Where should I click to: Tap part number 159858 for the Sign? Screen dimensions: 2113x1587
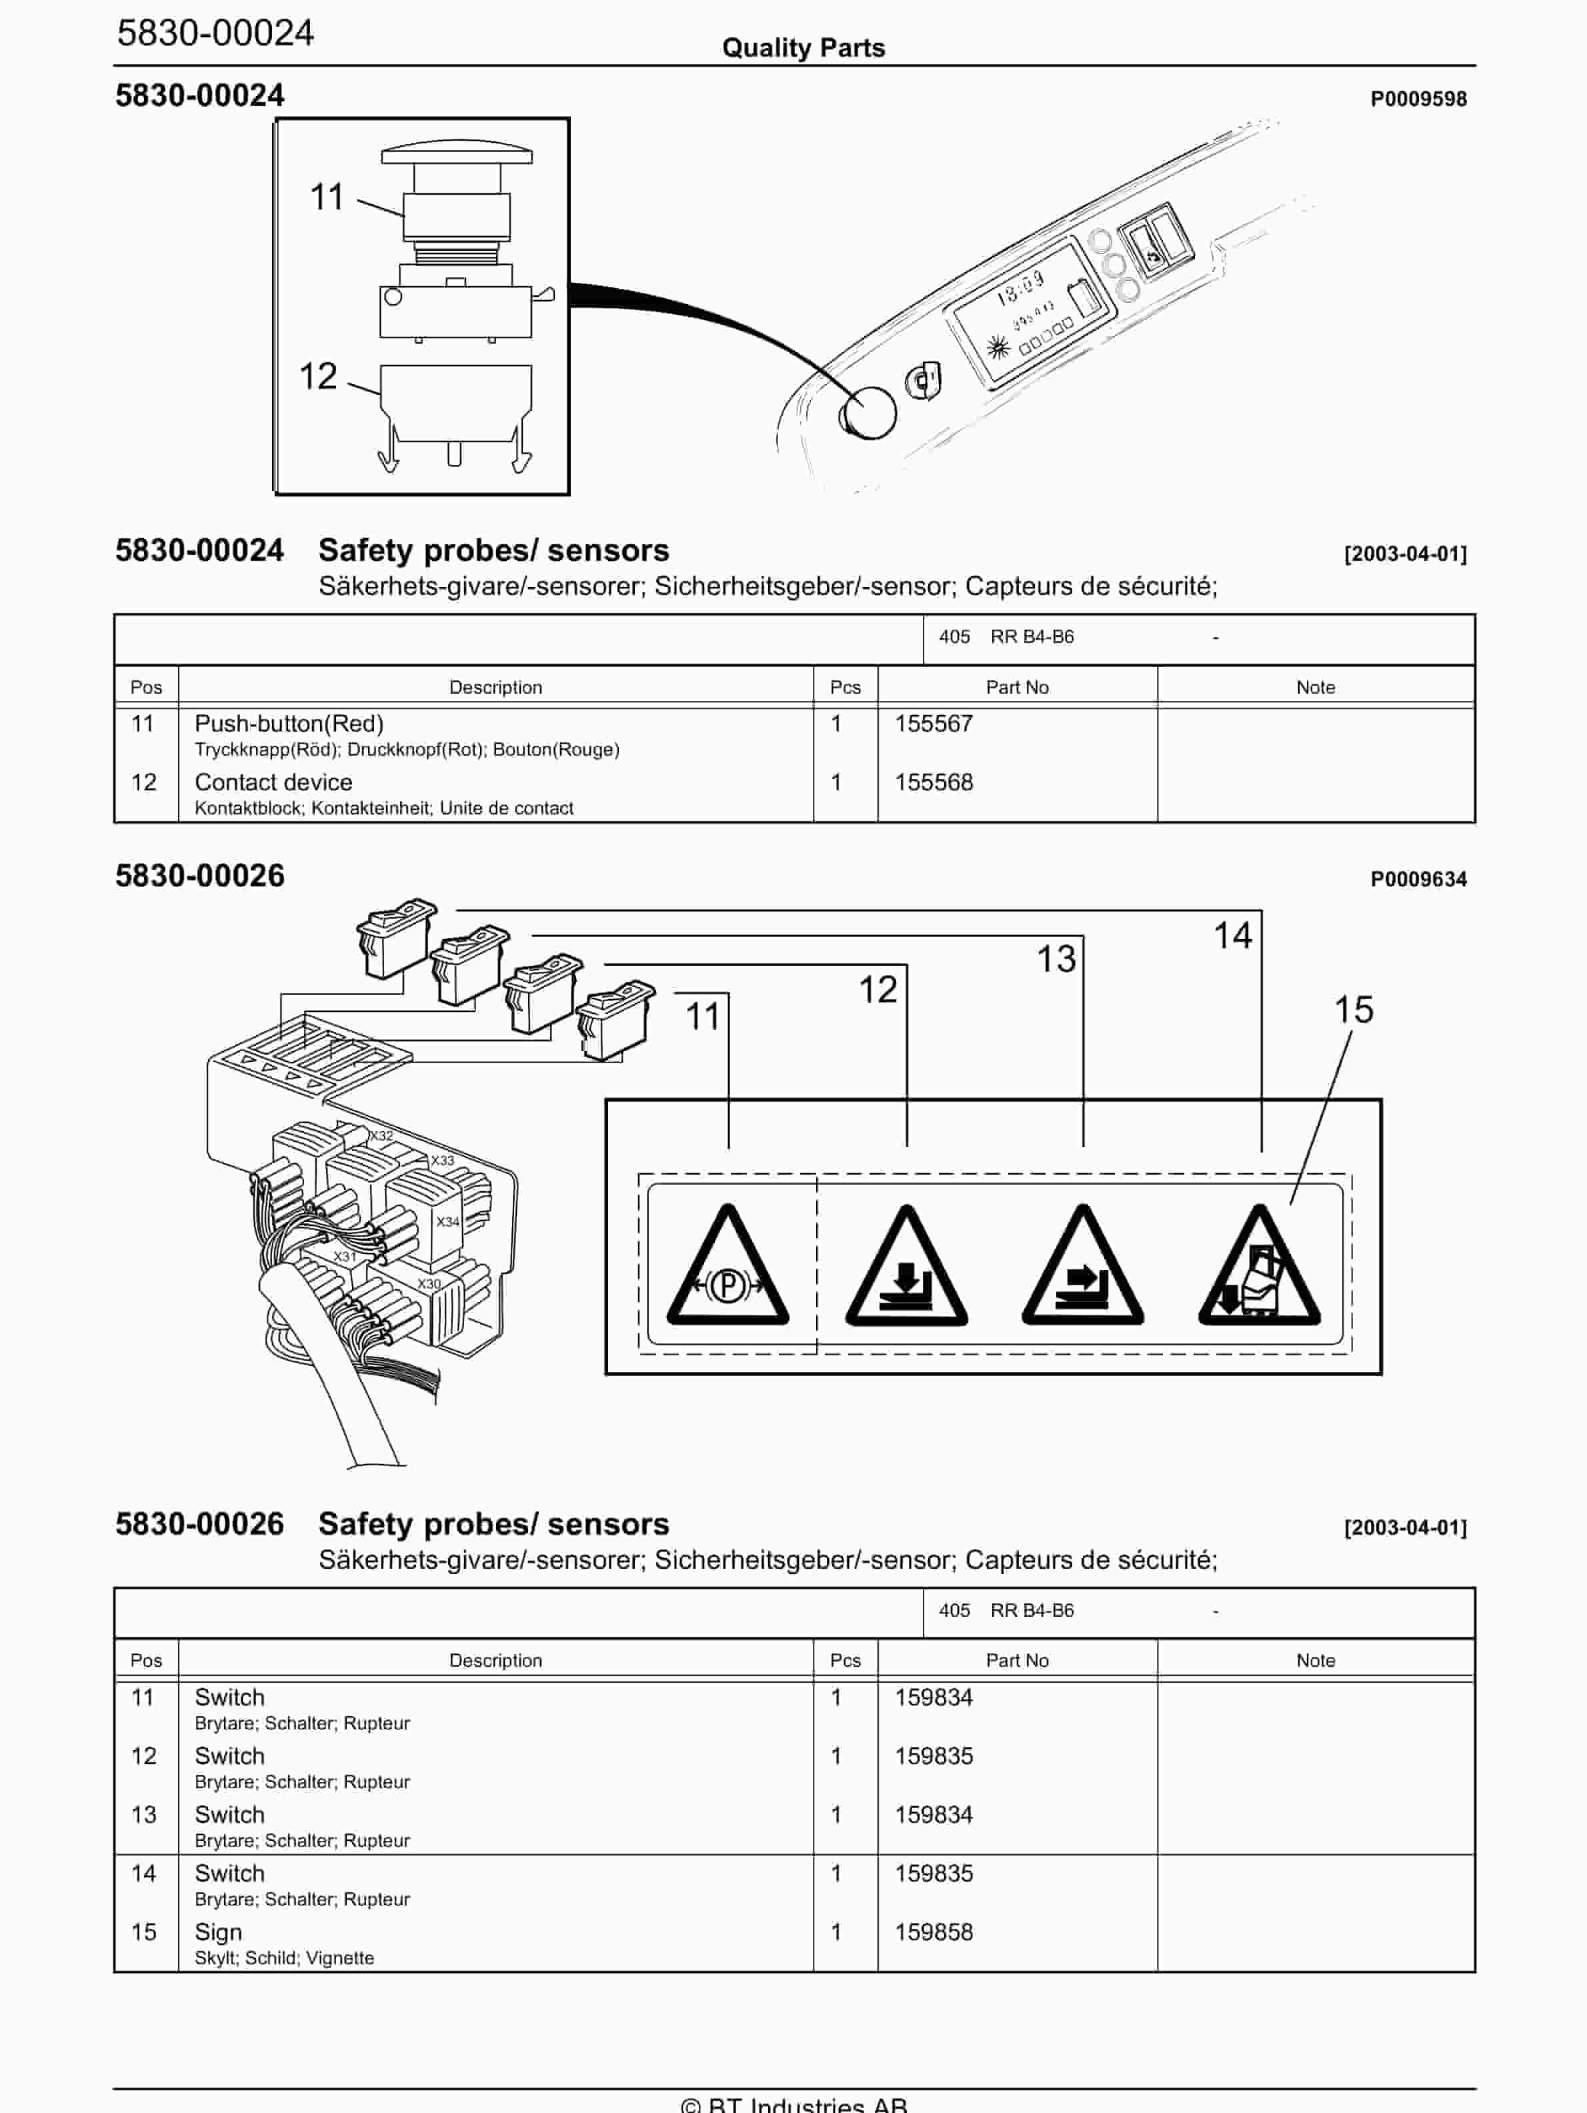[x=933, y=1932]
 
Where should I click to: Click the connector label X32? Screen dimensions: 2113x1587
[x=381, y=1136]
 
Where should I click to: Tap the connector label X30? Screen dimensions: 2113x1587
[x=429, y=1284]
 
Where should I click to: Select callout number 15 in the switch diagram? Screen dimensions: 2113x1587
[x=1353, y=1010]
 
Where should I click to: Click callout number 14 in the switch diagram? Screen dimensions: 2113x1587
[x=1232, y=935]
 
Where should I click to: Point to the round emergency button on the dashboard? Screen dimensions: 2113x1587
[x=868, y=413]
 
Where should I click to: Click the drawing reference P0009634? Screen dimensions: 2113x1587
[x=1418, y=879]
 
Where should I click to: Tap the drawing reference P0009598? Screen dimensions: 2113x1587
[x=1418, y=99]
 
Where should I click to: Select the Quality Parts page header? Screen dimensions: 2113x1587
[x=803, y=48]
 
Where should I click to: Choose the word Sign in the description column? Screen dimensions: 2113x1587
[x=217, y=1932]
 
